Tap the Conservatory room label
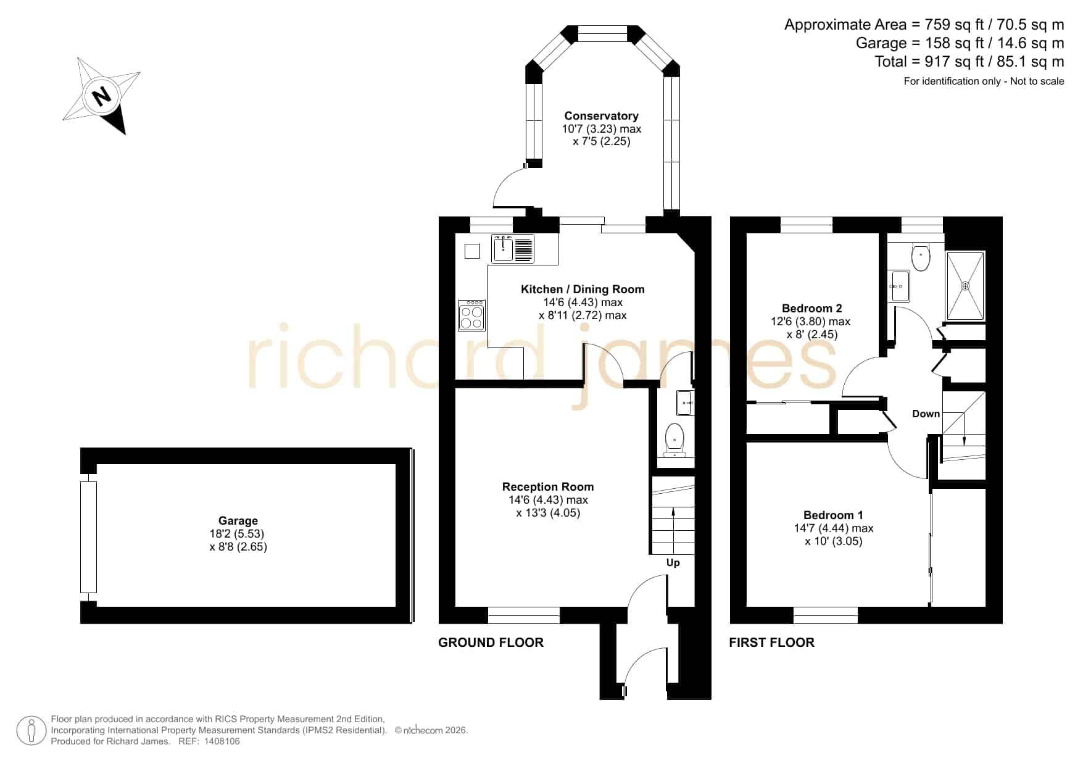(x=601, y=116)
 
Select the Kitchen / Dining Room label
(x=583, y=289)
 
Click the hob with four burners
(x=472, y=315)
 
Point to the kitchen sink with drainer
(x=513, y=249)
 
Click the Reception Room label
(x=548, y=487)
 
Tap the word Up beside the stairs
(x=673, y=563)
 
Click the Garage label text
(x=238, y=521)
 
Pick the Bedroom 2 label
(x=811, y=309)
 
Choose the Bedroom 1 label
(x=833, y=515)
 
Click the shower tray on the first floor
(x=966, y=286)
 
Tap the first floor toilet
(x=921, y=257)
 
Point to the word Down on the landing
(x=926, y=414)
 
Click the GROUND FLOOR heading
(x=491, y=643)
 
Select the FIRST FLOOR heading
(x=771, y=643)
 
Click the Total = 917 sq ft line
(x=969, y=62)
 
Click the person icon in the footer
(x=31, y=731)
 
